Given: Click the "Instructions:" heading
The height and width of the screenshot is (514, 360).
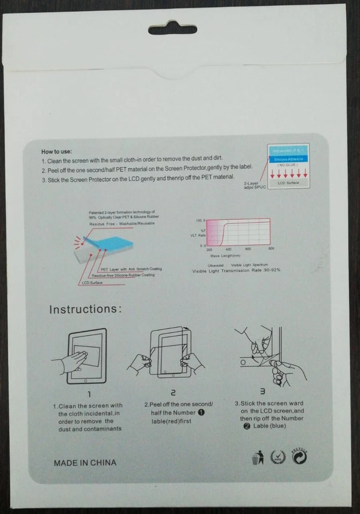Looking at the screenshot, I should pos(86,309).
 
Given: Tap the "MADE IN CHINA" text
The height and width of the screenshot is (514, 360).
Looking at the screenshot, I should pos(85,463).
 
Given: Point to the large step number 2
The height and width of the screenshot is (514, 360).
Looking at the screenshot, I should pos(173,394).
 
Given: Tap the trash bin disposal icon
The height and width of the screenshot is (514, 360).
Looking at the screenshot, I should pos(257,458).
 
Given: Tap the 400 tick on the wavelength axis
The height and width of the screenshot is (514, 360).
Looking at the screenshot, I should pos(228,250).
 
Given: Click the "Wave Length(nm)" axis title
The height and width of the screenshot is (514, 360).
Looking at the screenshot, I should pos(228,256).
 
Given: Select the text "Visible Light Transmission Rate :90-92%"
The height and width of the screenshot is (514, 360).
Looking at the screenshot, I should pos(236,271).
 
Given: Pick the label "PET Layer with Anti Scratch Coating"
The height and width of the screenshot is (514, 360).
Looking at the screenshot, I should pos(131,269).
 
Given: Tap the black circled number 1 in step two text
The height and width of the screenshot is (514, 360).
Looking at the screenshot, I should pos(202,412).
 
